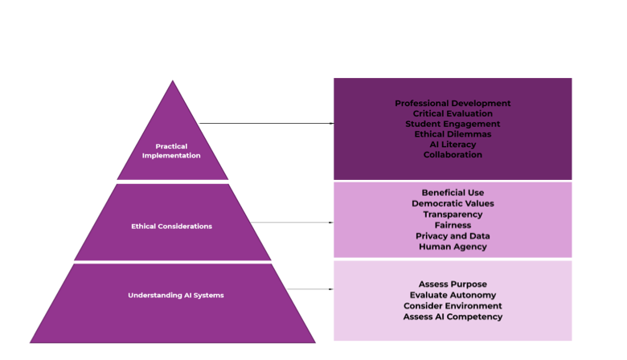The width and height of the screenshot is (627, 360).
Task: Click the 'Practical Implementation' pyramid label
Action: tap(171, 151)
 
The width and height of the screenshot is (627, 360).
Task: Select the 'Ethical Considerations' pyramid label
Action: tap(171, 227)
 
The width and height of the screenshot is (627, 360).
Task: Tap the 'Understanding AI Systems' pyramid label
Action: tap(175, 295)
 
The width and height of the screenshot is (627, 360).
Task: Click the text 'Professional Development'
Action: tap(453, 104)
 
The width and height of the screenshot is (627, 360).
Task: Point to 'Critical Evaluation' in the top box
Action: tap(453, 114)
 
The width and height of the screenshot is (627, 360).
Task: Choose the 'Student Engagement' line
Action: tap(453, 125)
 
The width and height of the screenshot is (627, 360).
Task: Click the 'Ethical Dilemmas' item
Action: tap(453, 134)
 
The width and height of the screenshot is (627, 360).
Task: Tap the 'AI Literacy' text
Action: tap(453, 145)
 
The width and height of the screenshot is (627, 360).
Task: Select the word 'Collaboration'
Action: tap(453, 155)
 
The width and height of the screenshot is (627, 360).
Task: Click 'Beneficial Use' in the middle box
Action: tap(453, 193)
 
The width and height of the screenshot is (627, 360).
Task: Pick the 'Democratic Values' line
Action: tap(453, 204)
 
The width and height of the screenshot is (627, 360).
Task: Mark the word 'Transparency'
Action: tap(453, 215)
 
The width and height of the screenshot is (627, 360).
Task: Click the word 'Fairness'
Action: tap(453, 226)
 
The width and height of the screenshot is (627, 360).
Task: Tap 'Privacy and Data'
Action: tap(453, 236)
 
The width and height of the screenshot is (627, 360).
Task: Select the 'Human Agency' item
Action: tap(453, 247)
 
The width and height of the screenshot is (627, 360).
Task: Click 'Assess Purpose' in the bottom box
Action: tap(453, 284)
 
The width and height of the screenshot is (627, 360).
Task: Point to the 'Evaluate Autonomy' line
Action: tap(453, 295)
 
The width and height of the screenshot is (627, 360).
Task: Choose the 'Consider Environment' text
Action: tap(453, 306)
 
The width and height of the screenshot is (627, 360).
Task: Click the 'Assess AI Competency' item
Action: tap(453, 317)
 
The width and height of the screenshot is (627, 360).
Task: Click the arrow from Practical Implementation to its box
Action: tap(265, 124)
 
